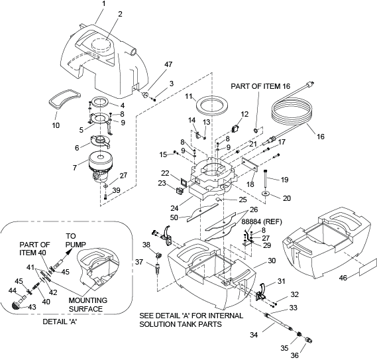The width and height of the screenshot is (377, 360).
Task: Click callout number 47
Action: tap(168, 64)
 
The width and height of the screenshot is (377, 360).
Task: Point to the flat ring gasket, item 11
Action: tap(211, 105)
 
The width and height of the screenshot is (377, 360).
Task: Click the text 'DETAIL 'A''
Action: tap(60, 322)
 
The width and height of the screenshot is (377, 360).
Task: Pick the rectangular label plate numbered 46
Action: tap(368, 267)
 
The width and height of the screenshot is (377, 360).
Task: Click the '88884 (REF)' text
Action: tap(261, 221)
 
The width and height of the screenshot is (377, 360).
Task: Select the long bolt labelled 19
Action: tap(266, 178)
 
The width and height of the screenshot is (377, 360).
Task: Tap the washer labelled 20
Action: tap(266, 193)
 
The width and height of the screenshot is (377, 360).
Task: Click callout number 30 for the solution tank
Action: tap(272, 261)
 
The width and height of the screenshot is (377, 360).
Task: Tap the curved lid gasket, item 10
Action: tap(64, 99)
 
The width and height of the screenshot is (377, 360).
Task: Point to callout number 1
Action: tap(103, 5)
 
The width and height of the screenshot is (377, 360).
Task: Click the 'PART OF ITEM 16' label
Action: tap(260, 86)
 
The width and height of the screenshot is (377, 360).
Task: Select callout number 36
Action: tap(295, 355)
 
